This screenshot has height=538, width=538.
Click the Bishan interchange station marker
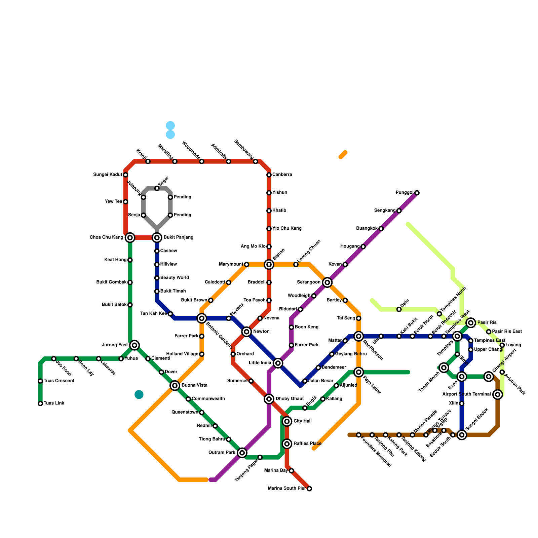269,265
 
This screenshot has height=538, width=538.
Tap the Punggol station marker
417,193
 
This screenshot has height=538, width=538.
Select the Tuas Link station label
54,403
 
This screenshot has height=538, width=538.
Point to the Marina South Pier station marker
309,489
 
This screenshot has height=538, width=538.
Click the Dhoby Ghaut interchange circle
269,399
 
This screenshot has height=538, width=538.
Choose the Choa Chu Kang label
106,238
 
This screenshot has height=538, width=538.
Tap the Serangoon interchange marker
327,282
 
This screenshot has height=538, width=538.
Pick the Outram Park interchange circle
242,453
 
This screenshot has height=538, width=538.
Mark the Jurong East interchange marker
134,345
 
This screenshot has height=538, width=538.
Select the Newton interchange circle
246,332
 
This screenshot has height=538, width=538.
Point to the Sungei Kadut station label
108,175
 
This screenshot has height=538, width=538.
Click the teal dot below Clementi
139,394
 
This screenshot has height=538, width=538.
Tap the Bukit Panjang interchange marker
157,238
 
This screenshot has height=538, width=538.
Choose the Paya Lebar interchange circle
359,372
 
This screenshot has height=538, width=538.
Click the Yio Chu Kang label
287,229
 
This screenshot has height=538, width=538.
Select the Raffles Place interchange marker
287,444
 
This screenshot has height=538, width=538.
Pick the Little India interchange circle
278,363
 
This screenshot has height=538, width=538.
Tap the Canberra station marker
269,175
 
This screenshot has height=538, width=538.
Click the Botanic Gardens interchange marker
202,318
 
